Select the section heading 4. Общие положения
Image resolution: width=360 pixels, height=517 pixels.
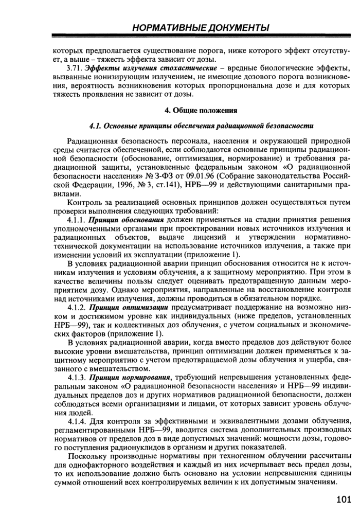pyautogui.click(x=201, y=110)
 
